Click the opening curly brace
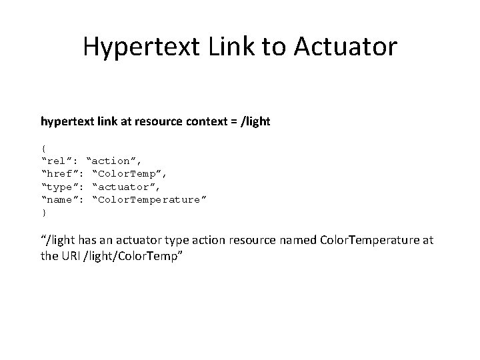tap(43, 148)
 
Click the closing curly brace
tap(43, 213)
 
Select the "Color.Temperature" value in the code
tap(149, 199)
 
